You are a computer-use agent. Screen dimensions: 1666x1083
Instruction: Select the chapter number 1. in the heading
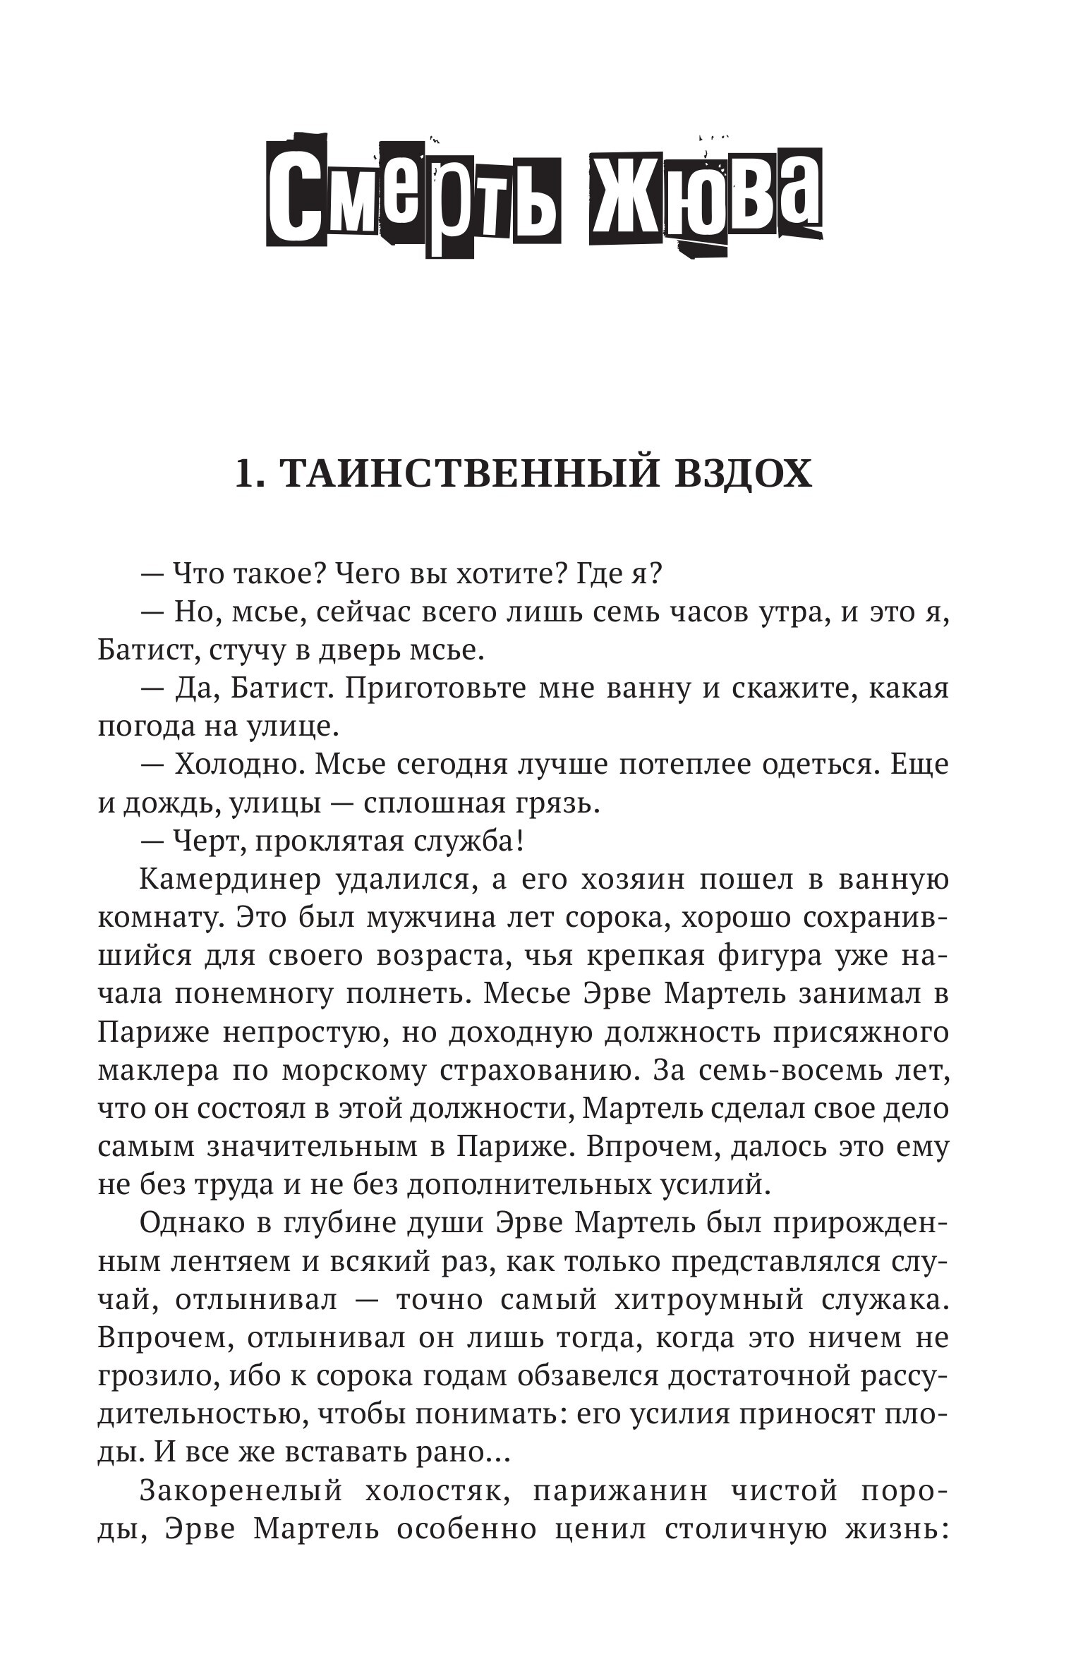coord(250,474)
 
